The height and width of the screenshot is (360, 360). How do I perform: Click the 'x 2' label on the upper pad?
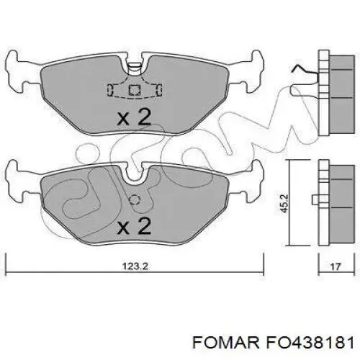[134, 117]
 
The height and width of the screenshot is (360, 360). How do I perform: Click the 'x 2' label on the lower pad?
[134, 227]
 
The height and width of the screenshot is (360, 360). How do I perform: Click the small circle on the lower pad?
[133, 199]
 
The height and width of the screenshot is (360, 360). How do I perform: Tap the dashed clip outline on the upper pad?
[134, 90]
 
